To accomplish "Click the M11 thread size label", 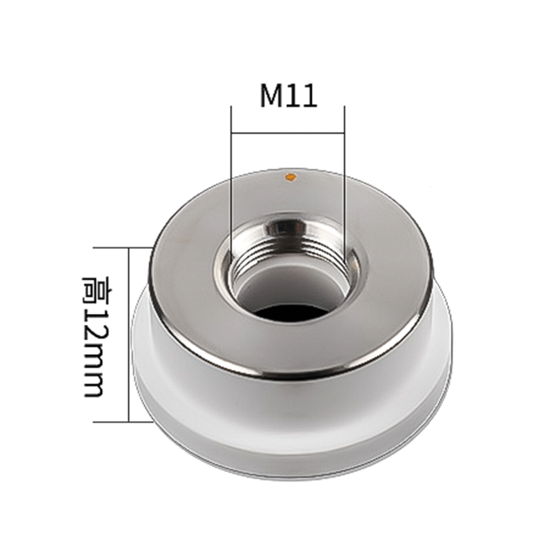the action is pyautogui.click(x=288, y=96).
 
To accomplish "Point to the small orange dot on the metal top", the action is pyautogui.click(x=290, y=177).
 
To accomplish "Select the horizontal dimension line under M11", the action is pyautogui.click(x=288, y=133).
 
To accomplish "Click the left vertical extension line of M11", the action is pyautogui.click(x=231, y=183).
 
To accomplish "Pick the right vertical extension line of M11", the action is pyautogui.click(x=344, y=183).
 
